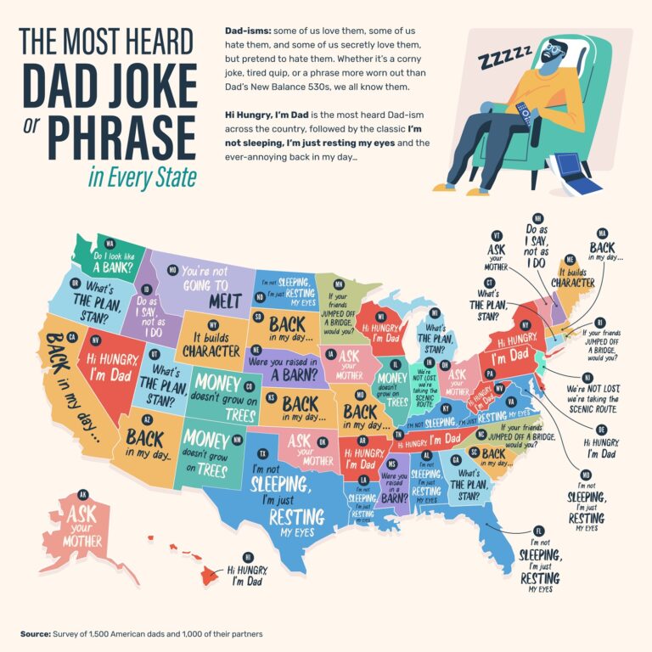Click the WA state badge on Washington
coord(110,244)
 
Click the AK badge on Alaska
coord(82,493)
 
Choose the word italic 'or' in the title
coord(33,137)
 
